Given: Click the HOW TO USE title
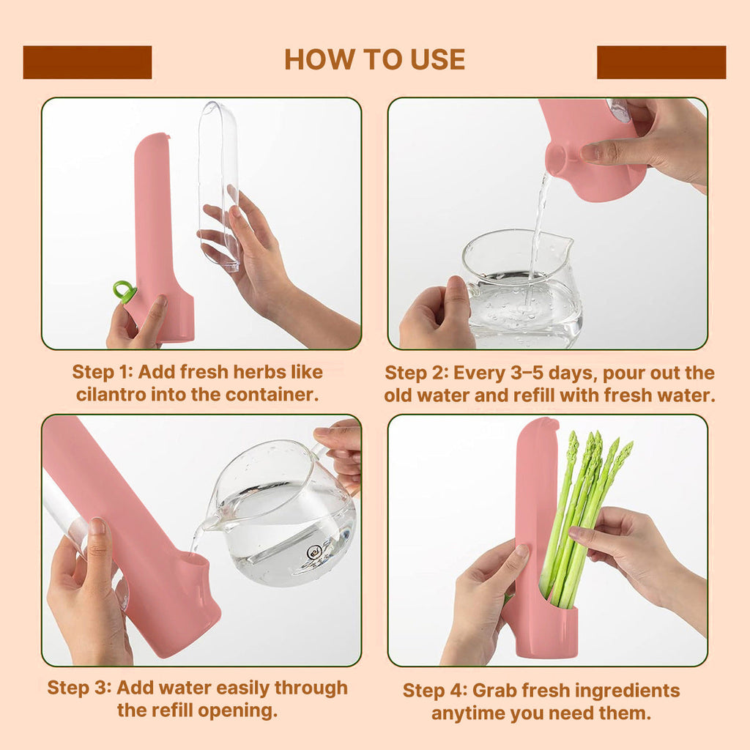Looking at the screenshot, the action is (x=374, y=60).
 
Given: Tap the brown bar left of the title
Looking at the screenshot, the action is (x=88, y=62).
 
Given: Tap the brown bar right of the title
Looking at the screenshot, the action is (x=661, y=62).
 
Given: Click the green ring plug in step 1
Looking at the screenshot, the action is (x=124, y=292).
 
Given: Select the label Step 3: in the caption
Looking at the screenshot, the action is (x=79, y=688).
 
